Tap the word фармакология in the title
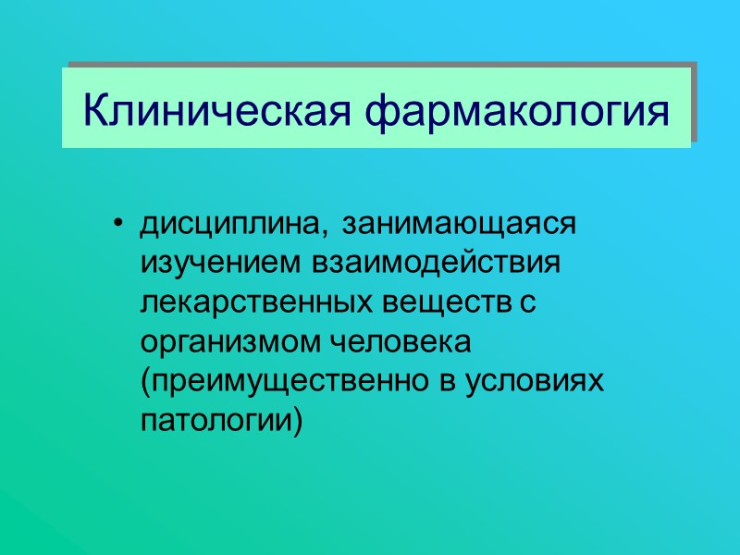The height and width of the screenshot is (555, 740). pos(518,113)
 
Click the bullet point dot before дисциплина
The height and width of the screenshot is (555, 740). pos(117,225)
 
